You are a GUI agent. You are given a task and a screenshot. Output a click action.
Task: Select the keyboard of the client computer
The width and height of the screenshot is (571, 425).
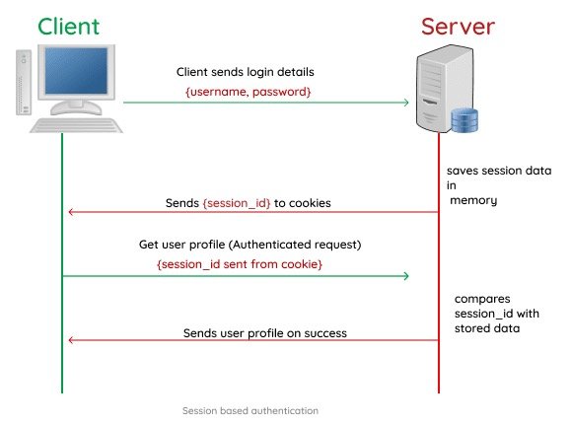pyautogui.click(x=75, y=124)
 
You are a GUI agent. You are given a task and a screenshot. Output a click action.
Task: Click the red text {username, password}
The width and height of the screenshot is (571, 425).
pyautogui.click(x=249, y=91)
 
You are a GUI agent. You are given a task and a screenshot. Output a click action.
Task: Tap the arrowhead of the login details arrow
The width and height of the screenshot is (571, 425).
pyautogui.click(x=404, y=102)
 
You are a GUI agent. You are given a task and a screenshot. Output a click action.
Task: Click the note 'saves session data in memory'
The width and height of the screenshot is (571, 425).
pyautogui.click(x=497, y=184)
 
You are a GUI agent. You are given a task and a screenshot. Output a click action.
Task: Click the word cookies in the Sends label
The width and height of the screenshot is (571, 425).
pyautogui.click(x=310, y=203)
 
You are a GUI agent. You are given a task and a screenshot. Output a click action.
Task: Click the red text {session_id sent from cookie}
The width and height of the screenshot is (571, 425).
pyautogui.click(x=240, y=264)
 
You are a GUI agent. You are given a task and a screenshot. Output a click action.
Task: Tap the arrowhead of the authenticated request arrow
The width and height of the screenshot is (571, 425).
pyautogui.click(x=404, y=275)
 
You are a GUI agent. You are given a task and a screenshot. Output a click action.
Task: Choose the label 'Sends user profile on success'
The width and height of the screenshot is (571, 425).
pyautogui.click(x=265, y=333)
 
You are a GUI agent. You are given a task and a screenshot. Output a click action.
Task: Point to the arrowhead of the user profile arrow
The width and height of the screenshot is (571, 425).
pyautogui.click(x=69, y=341)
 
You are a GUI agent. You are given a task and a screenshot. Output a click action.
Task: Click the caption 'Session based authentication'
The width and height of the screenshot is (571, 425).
pyautogui.click(x=250, y=410)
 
